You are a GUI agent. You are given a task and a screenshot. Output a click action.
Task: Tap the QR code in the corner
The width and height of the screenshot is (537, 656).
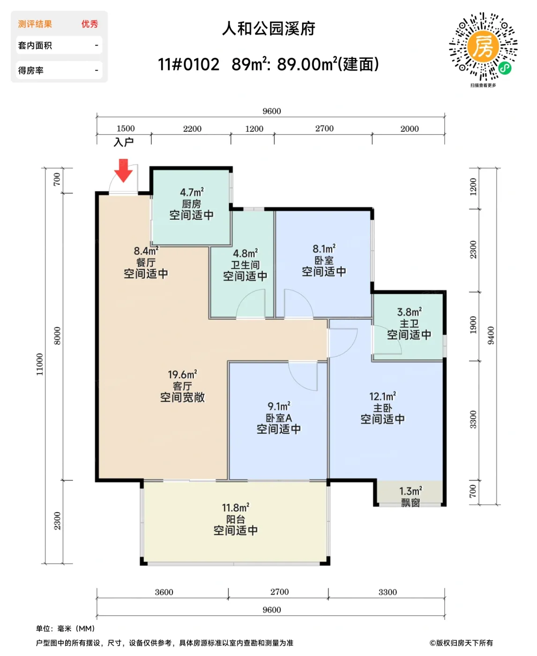pyautogui.click(x=483, y=47)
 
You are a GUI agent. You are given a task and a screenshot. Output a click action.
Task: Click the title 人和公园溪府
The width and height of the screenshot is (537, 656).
pyautogui.click(x=268, y=29)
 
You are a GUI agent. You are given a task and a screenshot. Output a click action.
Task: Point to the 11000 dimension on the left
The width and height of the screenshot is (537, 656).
pyautogui.click(x=40, y=364)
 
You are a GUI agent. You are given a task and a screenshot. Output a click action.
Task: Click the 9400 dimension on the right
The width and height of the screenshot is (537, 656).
pyautogui.click(x=491, y=335)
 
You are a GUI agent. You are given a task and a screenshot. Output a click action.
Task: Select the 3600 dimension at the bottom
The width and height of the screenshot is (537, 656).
pyautogui.click(x=164, y=592)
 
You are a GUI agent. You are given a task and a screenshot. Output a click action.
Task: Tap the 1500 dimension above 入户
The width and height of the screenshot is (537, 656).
pyautogui.click(x=126, y=128)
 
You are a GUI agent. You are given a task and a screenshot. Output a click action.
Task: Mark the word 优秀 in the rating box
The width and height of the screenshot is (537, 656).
pyautogui.click(x=89, y=24)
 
